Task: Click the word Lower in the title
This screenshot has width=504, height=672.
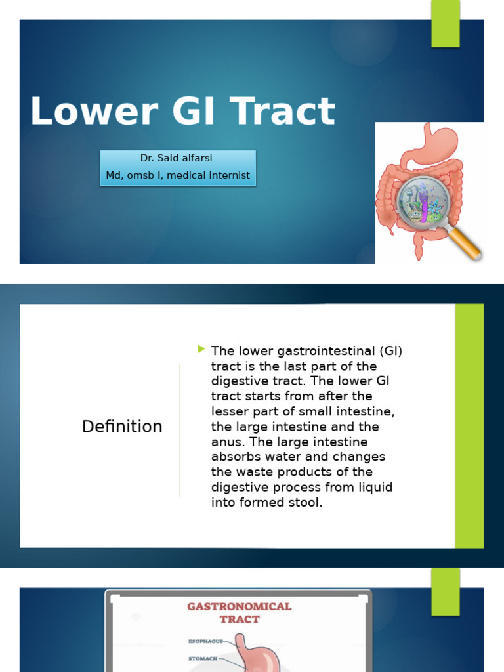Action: [x=93, y=112]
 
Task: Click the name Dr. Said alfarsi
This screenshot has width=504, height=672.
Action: [x=178, y=159]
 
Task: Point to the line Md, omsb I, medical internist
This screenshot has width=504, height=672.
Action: [x=178, y=175]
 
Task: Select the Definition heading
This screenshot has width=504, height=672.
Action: [x=122, y=427]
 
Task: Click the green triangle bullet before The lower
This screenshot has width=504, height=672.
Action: [x=201, y=349]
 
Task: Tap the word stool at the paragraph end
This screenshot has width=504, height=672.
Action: [x=308, y=503]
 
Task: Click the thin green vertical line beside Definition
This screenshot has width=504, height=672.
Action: [x=180, y=430]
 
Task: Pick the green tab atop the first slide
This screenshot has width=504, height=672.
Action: [x=446, y=24]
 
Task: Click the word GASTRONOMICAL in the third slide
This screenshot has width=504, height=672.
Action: [x=240, y=606]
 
